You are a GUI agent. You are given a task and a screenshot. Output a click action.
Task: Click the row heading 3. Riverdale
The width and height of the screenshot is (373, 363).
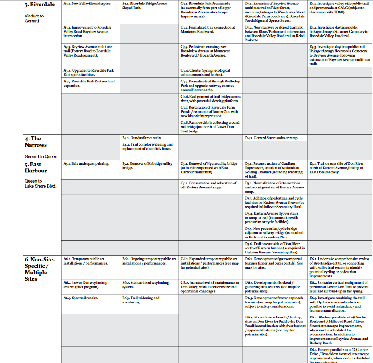click(40, 4)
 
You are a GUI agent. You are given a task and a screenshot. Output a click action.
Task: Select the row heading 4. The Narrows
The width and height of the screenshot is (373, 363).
click(36, 142)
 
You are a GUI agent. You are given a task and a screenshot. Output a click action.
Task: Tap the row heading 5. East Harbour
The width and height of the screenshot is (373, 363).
click(36, 167)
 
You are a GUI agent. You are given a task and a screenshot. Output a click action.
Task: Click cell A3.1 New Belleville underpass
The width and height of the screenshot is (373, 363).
click(87, 4)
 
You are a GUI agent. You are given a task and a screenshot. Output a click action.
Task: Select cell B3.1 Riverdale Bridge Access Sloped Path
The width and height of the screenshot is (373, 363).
click(144, 6)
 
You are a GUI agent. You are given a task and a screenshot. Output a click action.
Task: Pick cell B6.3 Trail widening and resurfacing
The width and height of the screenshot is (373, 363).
click(141, 300)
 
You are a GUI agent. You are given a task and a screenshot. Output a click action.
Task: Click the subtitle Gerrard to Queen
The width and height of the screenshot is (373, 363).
click(41, 157)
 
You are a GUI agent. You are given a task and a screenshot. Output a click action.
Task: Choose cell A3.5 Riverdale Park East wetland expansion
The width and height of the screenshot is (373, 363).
click(89, 83)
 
